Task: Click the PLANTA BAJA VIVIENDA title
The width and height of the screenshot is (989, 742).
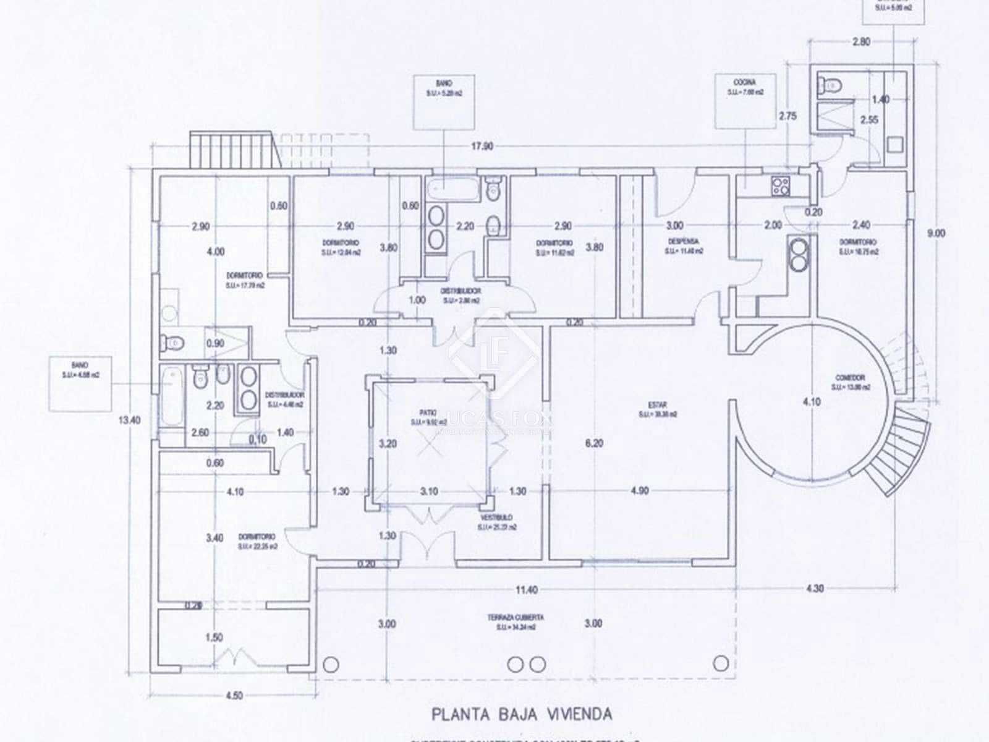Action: pos(522,714)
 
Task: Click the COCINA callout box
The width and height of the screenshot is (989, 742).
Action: pos(745,101)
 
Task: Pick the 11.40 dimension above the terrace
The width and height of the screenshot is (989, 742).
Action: pos(526,589)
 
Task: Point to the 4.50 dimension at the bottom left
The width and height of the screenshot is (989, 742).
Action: pos(233,696)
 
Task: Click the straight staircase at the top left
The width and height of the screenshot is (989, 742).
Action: pos(233,149)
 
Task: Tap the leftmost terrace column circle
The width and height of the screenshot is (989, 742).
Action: pos(331,664)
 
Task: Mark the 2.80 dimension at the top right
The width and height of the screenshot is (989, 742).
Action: pos(860,42)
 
